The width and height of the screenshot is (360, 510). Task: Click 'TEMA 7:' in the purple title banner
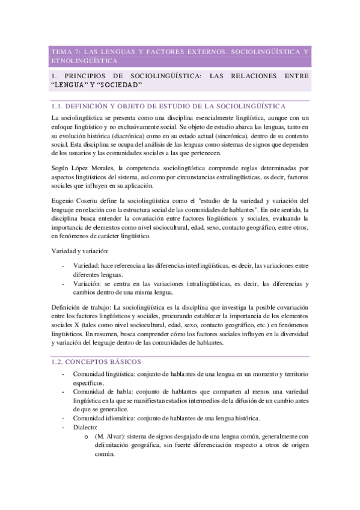[x=64, y=52]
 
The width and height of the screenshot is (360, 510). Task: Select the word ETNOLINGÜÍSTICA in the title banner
[x=85, y=61]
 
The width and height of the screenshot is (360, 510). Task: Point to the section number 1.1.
[x=59, y=105]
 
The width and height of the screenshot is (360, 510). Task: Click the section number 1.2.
[x=59, y=362]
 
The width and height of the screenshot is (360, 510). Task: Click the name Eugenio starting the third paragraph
[x=65, y=200]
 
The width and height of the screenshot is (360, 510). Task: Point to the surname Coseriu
[x=96, y=200]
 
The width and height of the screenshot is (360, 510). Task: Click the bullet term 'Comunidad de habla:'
[x=103, y=392]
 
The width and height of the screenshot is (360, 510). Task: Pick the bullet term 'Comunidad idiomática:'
[x=108, y=419]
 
